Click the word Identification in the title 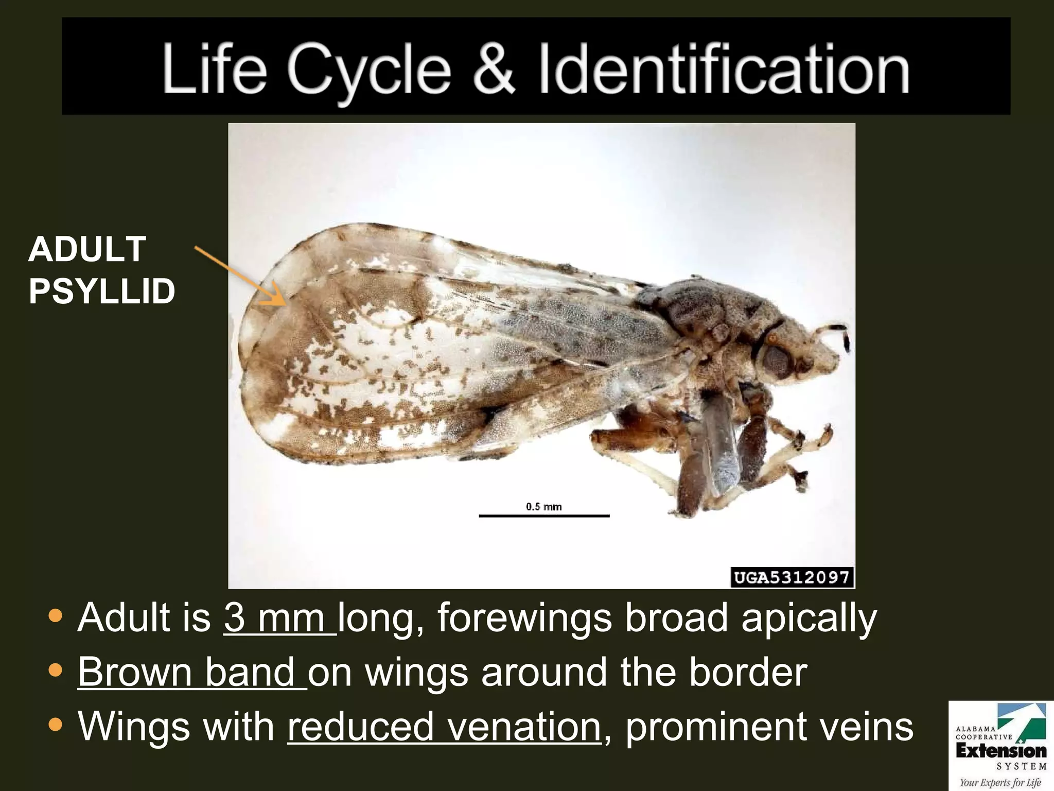coord(724,70)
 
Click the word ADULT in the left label coord(87,250)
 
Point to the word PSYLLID coord(102,291)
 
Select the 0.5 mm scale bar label coord(543,507)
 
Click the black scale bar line coord(544,515)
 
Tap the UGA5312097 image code coord(792,577)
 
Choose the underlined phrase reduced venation coord(444,727)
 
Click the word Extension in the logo coord(1001,751)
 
